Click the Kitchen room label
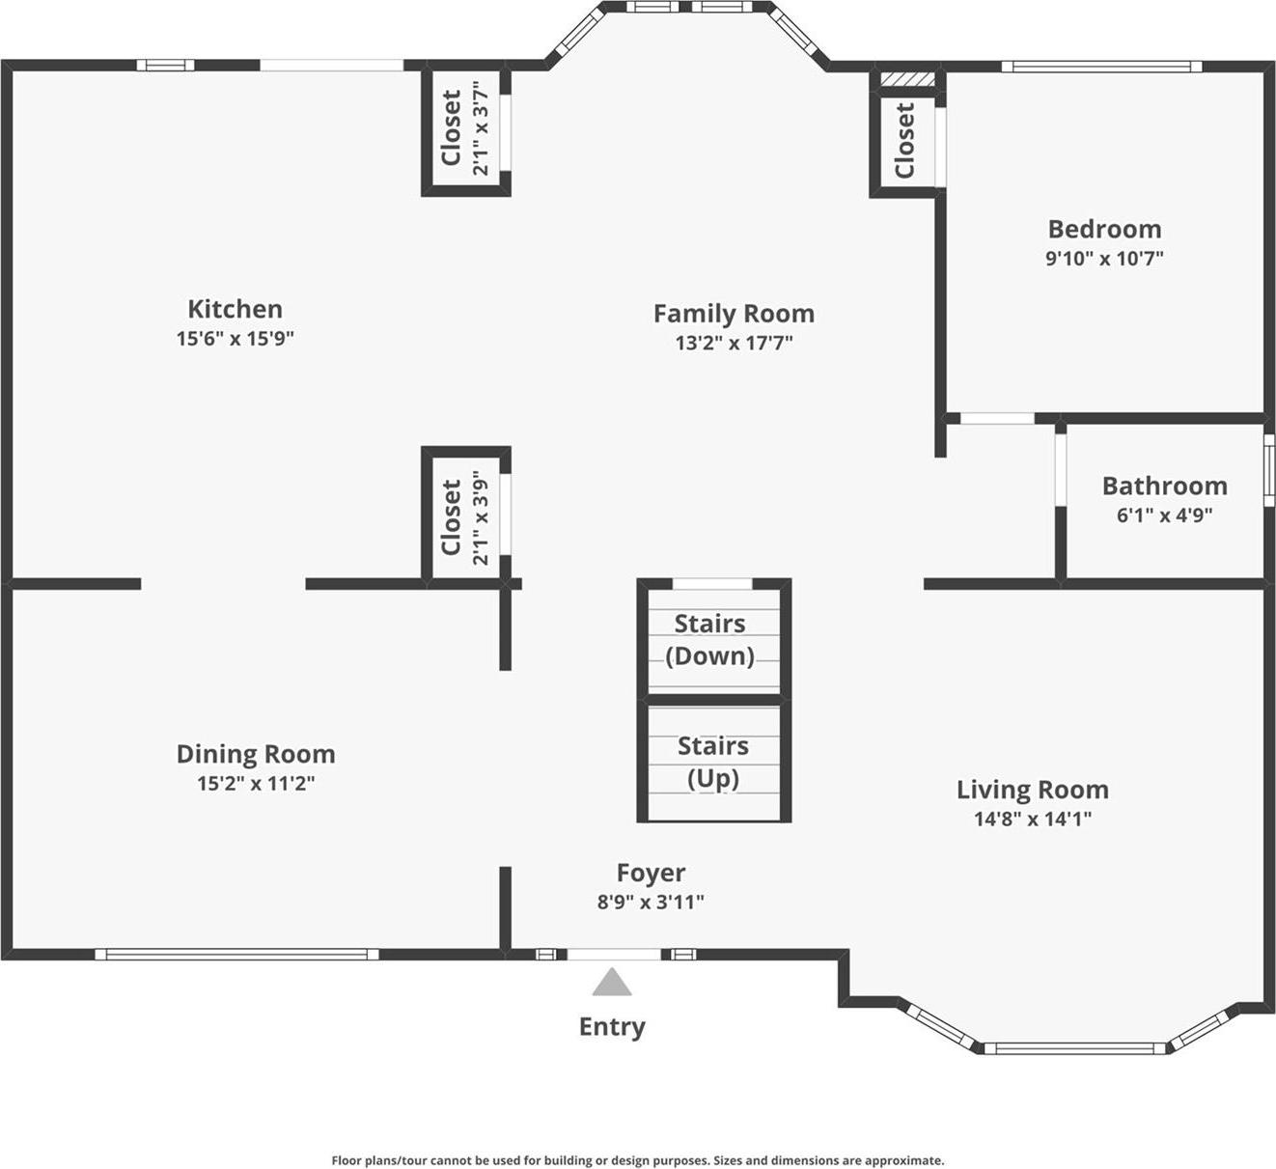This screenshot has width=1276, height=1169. [x=235, y=309]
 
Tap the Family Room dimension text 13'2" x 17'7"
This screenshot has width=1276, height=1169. [x=734, y=343]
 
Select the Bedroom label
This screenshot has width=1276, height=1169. [x=1104, y=229]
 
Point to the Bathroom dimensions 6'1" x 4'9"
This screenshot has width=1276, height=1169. [x=1164, y=515]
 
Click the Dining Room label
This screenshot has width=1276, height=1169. [x=256, y=754]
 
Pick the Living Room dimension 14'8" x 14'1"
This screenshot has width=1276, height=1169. [x=1032, y=819]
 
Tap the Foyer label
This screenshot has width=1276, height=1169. [x=651, y=873]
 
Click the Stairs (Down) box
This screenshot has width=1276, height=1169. [x=713, y=639]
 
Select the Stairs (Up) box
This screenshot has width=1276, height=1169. [x=713, y=763]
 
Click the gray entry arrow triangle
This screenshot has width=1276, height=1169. [x=612, y=984]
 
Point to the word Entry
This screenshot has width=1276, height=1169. [x=612, y=1026]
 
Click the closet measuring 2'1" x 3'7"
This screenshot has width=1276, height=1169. [x=465, y=132]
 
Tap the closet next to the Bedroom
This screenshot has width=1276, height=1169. [x=905, y=142]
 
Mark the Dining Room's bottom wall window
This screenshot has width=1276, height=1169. [x=236, y=955]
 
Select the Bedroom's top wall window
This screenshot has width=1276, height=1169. [x=1101, y=67]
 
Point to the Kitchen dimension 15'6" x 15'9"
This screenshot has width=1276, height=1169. [x=235, y=338]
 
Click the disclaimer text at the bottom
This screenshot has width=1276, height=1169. [x=638, y=1160]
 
